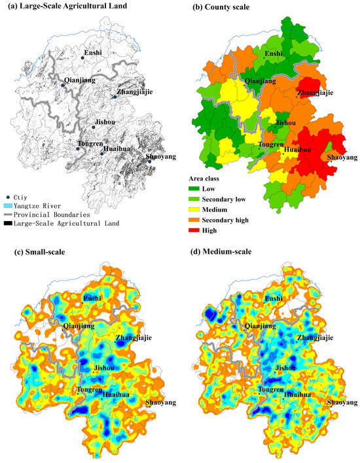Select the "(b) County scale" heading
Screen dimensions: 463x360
coord(220,7)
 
